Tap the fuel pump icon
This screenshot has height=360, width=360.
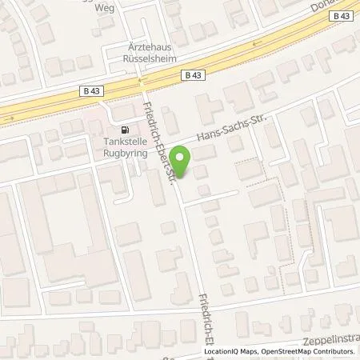pos(123,130)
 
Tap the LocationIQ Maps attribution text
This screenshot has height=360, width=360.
pos(233,351)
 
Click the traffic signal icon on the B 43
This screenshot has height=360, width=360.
pos(141,82)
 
